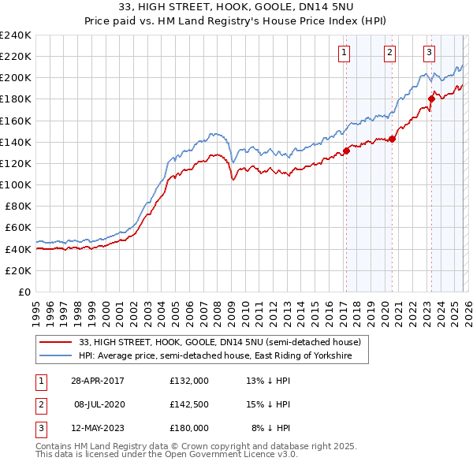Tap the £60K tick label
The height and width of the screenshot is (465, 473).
(x=17, y=227)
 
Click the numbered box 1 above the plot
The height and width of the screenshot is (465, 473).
(x=345, y=53)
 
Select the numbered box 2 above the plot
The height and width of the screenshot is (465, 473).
(x=389, y=53)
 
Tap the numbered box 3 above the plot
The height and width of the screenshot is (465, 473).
(x=429, y=53)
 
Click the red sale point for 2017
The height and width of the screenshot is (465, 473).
(x=346, y=151)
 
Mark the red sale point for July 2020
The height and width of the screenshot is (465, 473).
(x=391, y=139)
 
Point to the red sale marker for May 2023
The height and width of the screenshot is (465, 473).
(x=431, y=99)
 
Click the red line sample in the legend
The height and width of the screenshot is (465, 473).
(x=56, y=342)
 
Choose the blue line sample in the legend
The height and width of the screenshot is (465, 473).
(x=56, y=356)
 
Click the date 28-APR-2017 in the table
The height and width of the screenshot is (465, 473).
(x=98, y=380)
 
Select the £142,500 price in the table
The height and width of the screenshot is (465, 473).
(x=189, y=404)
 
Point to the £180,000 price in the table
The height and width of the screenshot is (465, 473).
(x=189, y=428)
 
